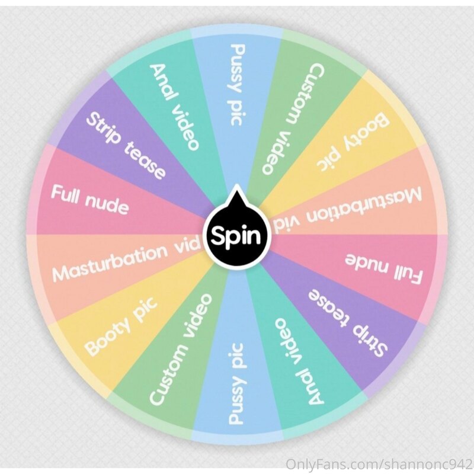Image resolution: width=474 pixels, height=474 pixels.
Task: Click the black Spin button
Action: [x=236, y=235]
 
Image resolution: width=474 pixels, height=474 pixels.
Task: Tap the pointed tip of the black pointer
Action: [x=236, y=184]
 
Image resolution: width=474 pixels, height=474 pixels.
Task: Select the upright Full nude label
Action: [x=90, y=200]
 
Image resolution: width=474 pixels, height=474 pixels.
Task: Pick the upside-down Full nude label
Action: [x=383, y=269]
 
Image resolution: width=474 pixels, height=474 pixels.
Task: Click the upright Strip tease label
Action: [x=126, y=145]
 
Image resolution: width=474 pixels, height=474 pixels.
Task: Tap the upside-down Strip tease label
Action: [x=348, y=323]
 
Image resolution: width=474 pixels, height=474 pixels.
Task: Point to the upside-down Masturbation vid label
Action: [x=348, y=211]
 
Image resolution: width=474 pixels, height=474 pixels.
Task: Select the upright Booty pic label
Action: [x=121, y=326]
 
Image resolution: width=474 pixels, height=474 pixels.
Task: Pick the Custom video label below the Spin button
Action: [x=181, y=349]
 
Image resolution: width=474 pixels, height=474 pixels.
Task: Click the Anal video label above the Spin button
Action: [x=174, y=107]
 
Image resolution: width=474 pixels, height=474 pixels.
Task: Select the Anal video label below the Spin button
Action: [x=300, y=361]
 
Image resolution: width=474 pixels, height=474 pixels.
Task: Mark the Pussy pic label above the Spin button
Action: [x=236, y=85]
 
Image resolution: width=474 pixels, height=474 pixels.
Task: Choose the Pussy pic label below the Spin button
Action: [x=236, y=384]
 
